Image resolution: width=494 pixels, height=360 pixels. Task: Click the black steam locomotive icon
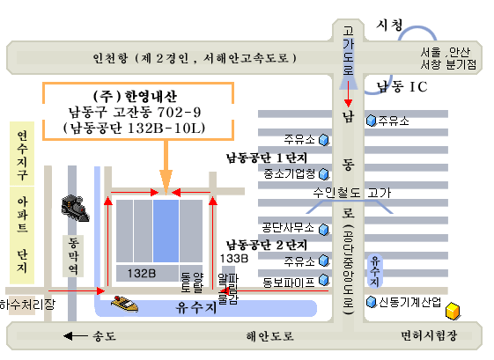pos(76,209)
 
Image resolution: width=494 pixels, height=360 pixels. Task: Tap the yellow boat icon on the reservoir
pos(125,304)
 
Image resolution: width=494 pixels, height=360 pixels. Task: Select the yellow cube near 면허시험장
pos(453,311)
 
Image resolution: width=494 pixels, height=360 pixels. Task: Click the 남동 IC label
pos(402,86)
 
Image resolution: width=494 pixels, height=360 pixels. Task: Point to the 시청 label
pos(389,25)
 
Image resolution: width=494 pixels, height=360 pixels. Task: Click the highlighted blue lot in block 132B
pos(166,231)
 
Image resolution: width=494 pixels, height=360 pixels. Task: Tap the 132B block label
pos(142,274)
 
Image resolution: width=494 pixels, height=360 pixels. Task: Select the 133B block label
pos(233,259)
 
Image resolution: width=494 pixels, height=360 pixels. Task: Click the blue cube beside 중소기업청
pos(324,174)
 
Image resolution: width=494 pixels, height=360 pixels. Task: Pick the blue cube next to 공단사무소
pos(324,230)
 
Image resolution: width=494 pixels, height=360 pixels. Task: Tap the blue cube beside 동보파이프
pos(324,280)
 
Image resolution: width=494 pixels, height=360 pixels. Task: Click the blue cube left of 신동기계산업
pos(372,302)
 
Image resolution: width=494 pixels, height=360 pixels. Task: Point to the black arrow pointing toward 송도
pos(76,336)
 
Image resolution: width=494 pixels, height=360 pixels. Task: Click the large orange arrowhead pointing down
pos(166,181)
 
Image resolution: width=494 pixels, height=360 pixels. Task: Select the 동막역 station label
pos(73,256)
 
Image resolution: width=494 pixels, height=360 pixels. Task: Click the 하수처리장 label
pos(27,305)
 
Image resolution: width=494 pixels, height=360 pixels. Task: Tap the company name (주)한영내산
pos(135,96)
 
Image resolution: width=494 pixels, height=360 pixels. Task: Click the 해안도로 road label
pos(269,336)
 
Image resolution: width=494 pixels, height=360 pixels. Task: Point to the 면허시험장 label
pos(429,335)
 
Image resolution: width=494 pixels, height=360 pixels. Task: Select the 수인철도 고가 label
pos(352,193)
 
